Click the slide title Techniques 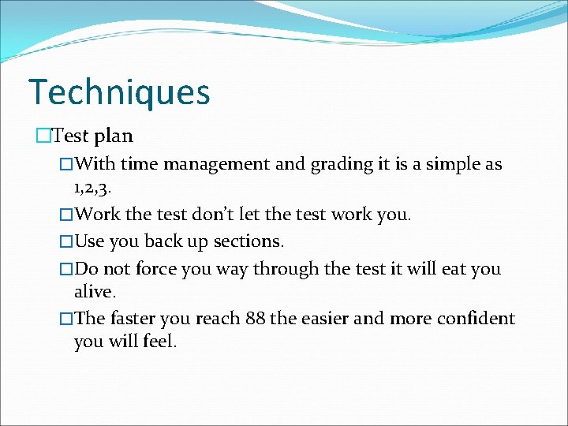119,92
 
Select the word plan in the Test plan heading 114,136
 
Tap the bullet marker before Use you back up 66,241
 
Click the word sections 248,241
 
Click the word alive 95,291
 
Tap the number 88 255,319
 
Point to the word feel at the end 160,342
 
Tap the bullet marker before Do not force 66,268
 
